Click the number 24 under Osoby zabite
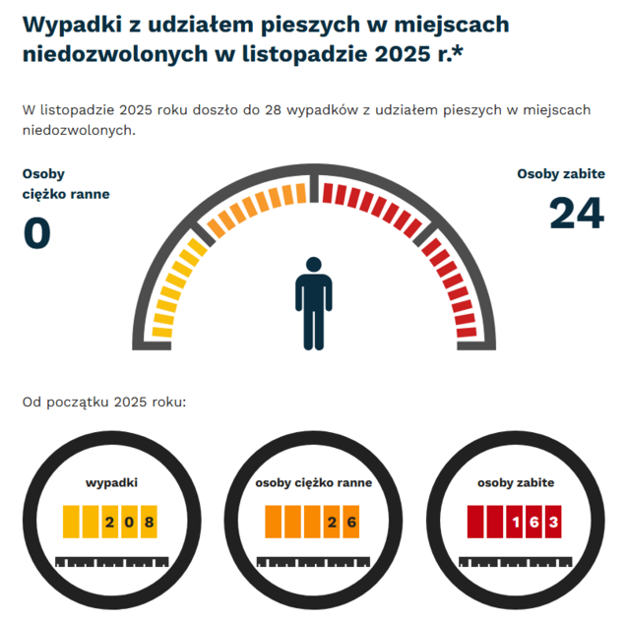[576, 214]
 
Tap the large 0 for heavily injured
[36, 233]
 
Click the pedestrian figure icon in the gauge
[313, 303]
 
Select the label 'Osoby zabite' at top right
[560, 174]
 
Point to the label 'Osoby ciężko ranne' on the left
[65, 184]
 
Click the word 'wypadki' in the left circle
[111, 483]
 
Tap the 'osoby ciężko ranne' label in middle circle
[313, 483]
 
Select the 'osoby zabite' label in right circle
[515, 483]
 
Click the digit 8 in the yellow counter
[149, 522]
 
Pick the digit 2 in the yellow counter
[109, 522]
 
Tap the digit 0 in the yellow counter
[129, 522]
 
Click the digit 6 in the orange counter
[351, 522]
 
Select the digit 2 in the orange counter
[332, 522]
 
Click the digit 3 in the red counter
[553, 522]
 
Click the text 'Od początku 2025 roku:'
[104, 403]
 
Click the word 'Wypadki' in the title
[70, 24]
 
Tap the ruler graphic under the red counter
[515, 562]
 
